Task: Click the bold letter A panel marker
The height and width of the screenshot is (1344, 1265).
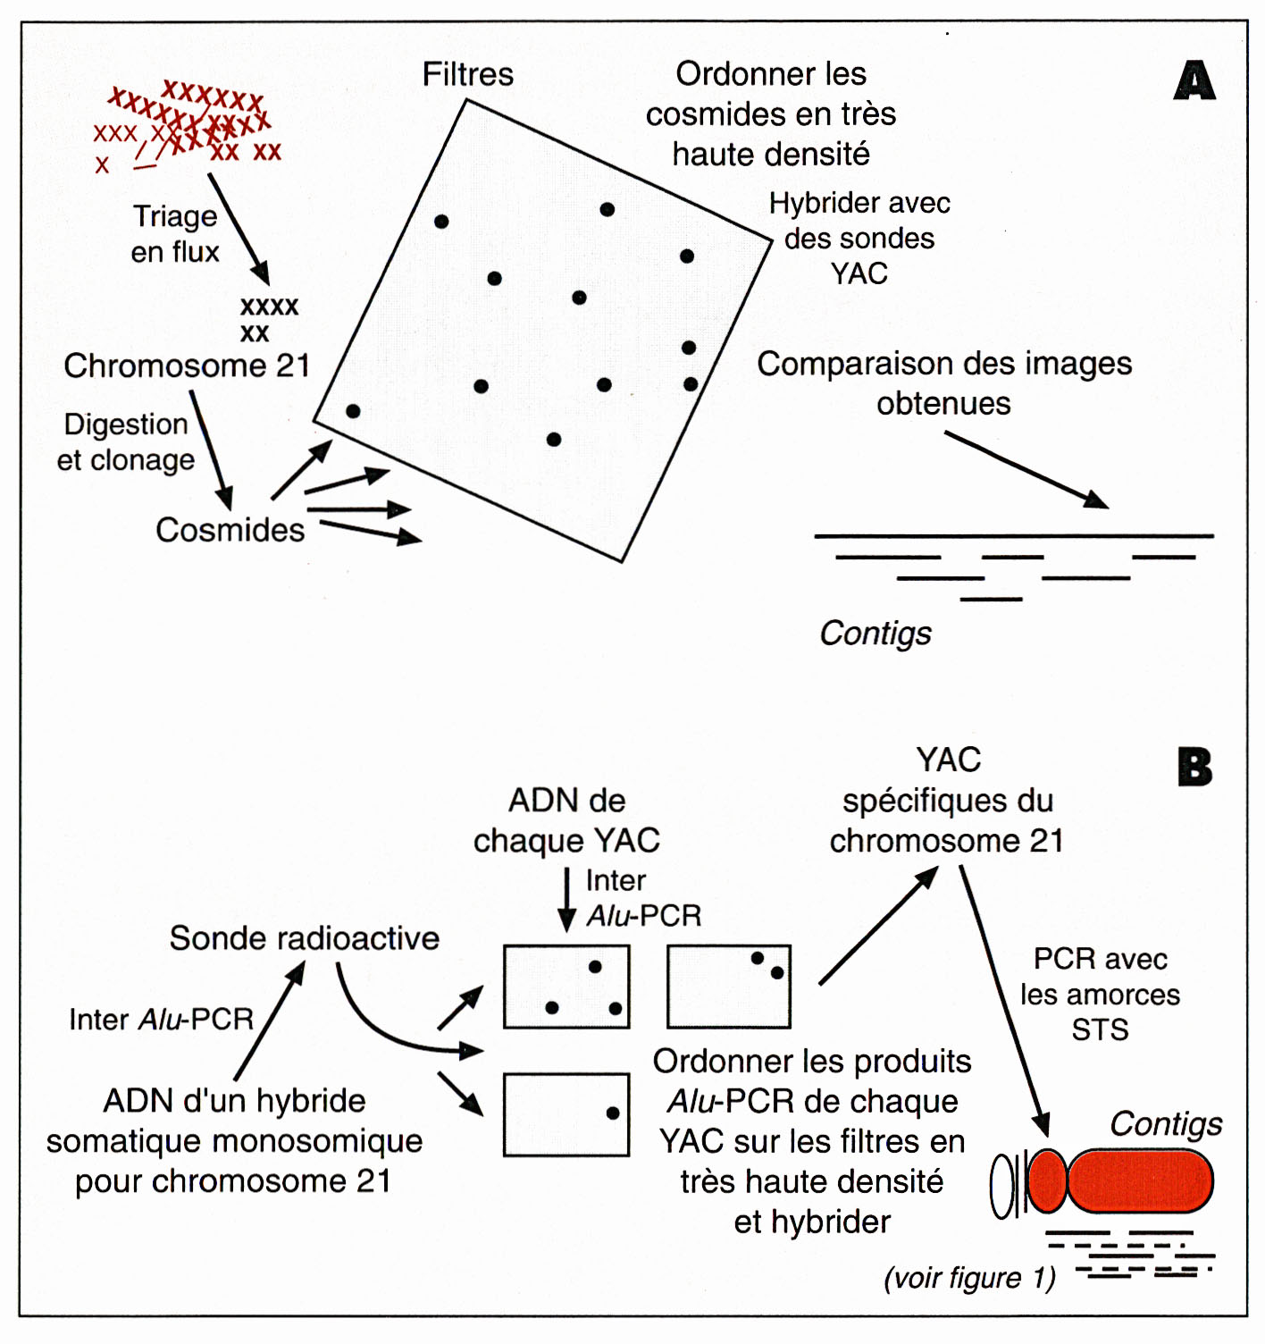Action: (x=1194, y=80)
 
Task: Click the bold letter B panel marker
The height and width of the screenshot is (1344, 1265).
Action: (x=1194, y=767)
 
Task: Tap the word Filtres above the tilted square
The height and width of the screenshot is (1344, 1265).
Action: (x=467, y=74)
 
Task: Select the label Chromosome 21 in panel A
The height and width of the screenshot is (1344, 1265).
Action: (x=187, y=365)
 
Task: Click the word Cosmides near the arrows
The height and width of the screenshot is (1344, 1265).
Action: (x=230, y=530)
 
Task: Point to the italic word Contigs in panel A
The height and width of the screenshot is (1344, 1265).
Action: (x=875, y=633)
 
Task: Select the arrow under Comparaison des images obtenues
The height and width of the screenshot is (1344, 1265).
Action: (x=1026, y=470)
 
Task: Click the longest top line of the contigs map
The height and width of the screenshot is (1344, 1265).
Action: (x=1013, y=536)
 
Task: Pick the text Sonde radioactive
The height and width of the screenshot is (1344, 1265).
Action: (x=304, y=938)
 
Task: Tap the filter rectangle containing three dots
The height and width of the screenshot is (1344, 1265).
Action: (x=566, y=987)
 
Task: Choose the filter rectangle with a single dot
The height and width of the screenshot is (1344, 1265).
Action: (x=566, y=1114)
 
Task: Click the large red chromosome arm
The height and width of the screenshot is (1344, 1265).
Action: (x=1140, y=1180)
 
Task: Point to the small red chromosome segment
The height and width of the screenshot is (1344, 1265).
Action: (x=1047, y=1180)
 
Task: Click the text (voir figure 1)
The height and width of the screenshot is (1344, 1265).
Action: (x=969, y=1278)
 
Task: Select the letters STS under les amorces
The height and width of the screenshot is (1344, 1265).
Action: (x=1100, y=1029)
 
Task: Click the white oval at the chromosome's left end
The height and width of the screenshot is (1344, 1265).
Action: (x=1002, y=1187)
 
